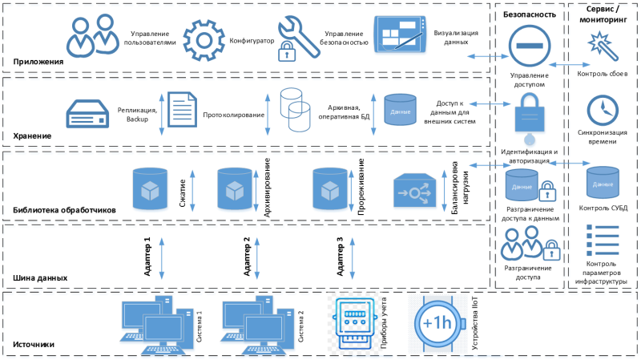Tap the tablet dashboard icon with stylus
[401, 36]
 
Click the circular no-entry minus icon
[528, 47]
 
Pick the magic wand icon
[603, 45]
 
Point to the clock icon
[603, 110]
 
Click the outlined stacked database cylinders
[294, 110]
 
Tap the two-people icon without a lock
[91, 37]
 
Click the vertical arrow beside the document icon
[161, 113]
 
